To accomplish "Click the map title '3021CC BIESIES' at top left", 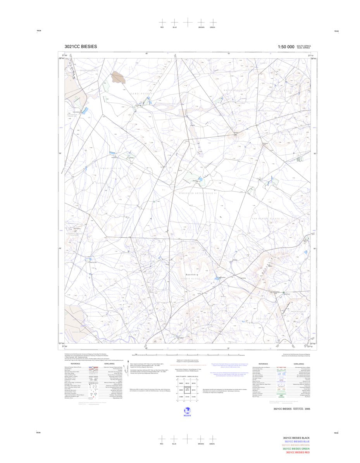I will [81, 47].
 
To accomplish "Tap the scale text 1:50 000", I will [286, 47].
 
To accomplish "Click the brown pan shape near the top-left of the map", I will [118, 77].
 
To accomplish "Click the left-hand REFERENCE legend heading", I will [75, 364].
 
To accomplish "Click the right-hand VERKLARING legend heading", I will [299, 364].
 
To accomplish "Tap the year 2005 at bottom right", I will [307, 409].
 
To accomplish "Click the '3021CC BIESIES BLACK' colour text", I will [296, 437].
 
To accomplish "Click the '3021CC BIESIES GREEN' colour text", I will [296, 449].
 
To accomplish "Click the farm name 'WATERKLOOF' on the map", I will [234, 90].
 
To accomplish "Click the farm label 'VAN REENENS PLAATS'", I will [271, 219].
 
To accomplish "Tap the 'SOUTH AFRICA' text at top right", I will [303, 46].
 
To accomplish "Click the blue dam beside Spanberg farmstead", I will [217, 278].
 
